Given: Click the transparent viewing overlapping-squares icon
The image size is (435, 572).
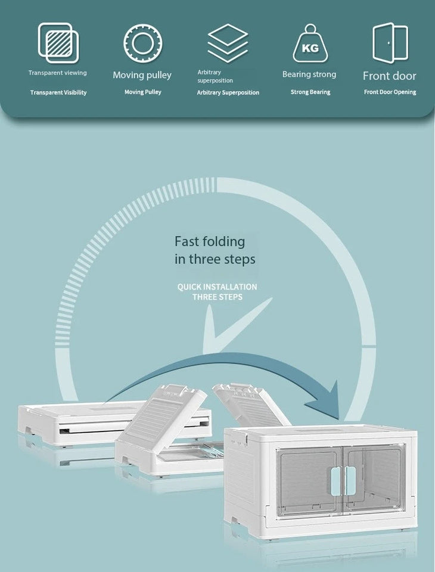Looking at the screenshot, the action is point(58,43).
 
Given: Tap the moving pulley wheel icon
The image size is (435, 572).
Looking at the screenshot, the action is point(142,43).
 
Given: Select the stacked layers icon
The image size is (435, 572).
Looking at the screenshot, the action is point(228,43).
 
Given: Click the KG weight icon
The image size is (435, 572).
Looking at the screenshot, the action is point(310,43).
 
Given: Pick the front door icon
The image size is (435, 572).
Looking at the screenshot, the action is point(390,43).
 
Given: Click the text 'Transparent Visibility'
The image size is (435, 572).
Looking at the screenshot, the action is point(58,93).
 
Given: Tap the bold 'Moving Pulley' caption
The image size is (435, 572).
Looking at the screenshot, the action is point(142,92).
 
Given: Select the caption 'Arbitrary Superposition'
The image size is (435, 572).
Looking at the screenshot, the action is point(228,93).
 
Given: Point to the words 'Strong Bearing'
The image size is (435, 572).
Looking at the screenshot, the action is point(310,92).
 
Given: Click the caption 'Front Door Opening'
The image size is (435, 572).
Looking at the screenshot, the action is point(390,92).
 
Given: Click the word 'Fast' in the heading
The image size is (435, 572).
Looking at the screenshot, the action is point(187,241).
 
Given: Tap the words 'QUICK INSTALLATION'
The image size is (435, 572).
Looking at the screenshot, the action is point(217,287).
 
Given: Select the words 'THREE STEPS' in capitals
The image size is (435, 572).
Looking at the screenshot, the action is point(218,297).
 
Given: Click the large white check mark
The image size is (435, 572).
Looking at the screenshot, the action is point(237,325).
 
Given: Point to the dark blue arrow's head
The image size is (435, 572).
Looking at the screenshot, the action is point(323,400).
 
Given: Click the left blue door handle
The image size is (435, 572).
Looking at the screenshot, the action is point(335,481).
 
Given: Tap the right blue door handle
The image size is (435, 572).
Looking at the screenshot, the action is point(350,481).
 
